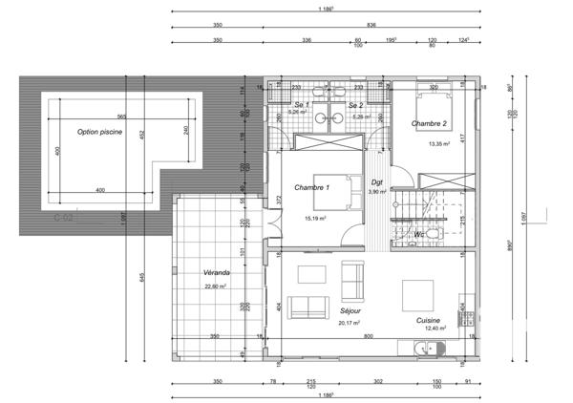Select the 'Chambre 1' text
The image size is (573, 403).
(x=311, y=187)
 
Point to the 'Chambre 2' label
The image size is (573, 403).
(x=430, y=124)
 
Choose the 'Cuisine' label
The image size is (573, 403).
(x=427, y=320)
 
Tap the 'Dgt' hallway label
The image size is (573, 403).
(x=376, y=180)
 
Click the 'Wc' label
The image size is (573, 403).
(x=419, y=233)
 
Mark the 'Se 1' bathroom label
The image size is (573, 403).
(x=299, y=104)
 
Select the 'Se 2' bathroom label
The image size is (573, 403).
(x=355, y=104)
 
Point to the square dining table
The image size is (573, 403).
(x=417, y=292)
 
